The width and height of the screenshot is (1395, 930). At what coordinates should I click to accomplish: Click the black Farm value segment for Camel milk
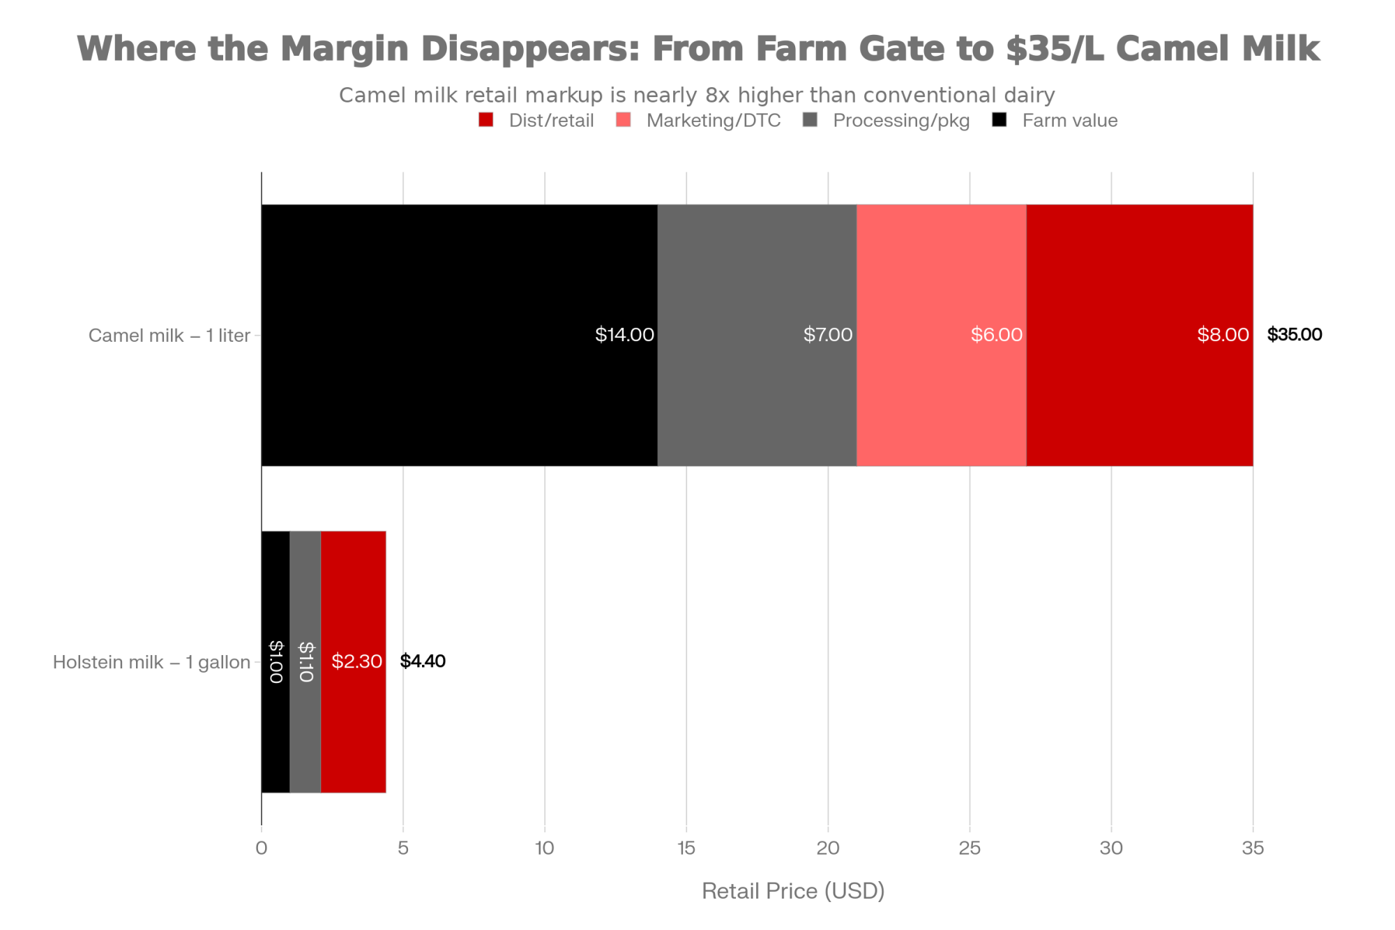click(459, 335)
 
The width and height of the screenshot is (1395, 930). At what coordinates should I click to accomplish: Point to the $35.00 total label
click(1294, 335)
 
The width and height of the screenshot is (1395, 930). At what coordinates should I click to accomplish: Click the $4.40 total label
click(423, 661)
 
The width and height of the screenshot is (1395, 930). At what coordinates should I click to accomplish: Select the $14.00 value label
click(624, 335)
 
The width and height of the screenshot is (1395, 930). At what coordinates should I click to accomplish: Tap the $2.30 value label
click(356, 661)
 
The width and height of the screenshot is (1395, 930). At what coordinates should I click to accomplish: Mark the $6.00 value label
click(996, 335)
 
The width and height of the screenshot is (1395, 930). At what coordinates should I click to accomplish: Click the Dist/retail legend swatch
click(486, 120)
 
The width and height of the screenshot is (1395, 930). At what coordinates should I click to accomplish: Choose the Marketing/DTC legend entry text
click(713, 121)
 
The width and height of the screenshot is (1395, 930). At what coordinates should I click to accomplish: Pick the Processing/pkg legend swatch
click(810, 120)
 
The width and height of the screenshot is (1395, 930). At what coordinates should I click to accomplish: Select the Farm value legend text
click(1069, 121)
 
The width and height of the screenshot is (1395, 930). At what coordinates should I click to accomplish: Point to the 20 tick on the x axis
click(828, 848)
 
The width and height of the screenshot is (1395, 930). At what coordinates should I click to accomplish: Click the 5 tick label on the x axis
click(403, 848)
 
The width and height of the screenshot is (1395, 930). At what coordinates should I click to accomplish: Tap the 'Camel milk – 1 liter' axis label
click(169, 336)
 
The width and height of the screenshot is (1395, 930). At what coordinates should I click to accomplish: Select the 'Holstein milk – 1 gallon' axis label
click(151, 662)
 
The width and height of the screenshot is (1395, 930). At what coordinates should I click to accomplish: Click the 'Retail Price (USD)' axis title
click(793, 891)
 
